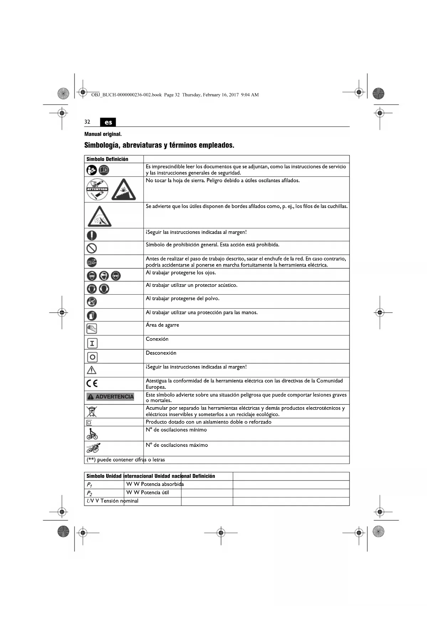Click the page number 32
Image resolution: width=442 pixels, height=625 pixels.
tap(87, 122)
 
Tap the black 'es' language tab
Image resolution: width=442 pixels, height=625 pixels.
tap(108, 122)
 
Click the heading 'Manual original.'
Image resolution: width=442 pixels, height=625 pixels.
tap(103, 134)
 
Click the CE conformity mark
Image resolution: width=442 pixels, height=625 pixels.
tap(92, 383)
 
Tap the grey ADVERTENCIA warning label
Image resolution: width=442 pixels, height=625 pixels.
tap(110, 397)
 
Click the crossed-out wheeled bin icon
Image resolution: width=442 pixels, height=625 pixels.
tap(92, 411)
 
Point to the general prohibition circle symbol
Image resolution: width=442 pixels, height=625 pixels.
tap(92, 248)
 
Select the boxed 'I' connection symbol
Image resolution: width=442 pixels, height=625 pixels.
tap(92, 343)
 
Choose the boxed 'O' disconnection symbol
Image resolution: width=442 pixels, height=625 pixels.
tap(92, 357)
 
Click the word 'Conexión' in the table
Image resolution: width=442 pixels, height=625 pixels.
tap(157, 339)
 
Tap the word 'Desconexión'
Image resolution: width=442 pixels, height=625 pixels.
tap(161, 353)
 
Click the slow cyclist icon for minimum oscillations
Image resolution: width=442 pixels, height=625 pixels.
tap(92, 434)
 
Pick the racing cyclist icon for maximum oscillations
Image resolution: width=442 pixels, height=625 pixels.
tap(93, 448)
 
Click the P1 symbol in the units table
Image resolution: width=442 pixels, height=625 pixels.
tap(90, 485)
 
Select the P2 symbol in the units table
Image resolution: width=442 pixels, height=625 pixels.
tap(90, 494)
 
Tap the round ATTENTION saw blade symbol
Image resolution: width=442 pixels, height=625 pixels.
tap(97, 189)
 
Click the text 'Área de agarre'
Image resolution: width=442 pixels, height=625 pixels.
tap(162, 325)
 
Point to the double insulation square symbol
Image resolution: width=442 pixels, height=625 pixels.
tap(89, 423)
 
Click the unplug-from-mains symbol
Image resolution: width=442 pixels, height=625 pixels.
tap(92, 262)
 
